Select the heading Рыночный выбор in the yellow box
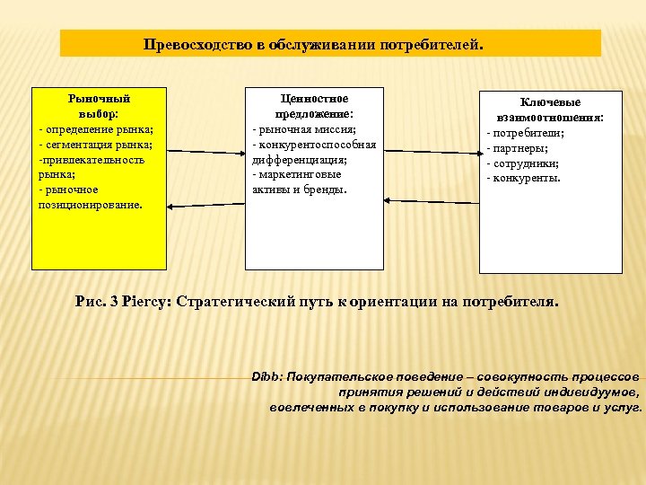point(99,106)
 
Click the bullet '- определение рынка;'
point(95,130)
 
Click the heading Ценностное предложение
point(314,107)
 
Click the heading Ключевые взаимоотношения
point(550,110)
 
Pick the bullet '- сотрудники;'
point(522,163)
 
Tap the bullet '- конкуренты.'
point(523,178)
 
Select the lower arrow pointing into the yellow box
point(205,205)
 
